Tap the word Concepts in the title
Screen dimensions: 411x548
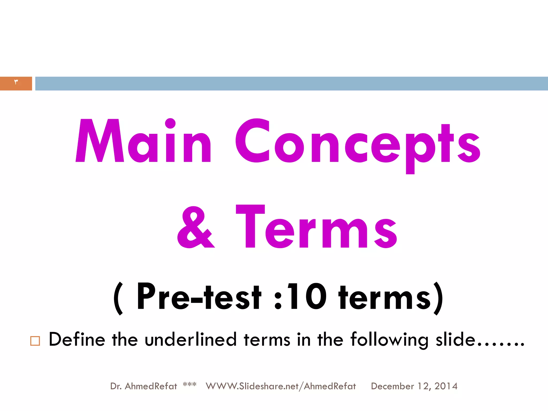(357, 142)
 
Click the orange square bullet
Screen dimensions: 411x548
(35, 341)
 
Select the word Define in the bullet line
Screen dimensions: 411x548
(77, 339)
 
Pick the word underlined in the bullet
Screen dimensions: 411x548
(191, 339)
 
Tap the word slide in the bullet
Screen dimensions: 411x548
(455, 339)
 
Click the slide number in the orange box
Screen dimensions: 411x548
(16, 82)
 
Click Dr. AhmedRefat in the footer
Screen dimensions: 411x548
(143, 386)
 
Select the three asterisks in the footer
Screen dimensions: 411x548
(189, 385)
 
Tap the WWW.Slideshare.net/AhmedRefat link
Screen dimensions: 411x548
(281, 386)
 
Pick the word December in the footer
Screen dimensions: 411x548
(392, 386)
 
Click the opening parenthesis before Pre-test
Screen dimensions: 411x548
(118, 298)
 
